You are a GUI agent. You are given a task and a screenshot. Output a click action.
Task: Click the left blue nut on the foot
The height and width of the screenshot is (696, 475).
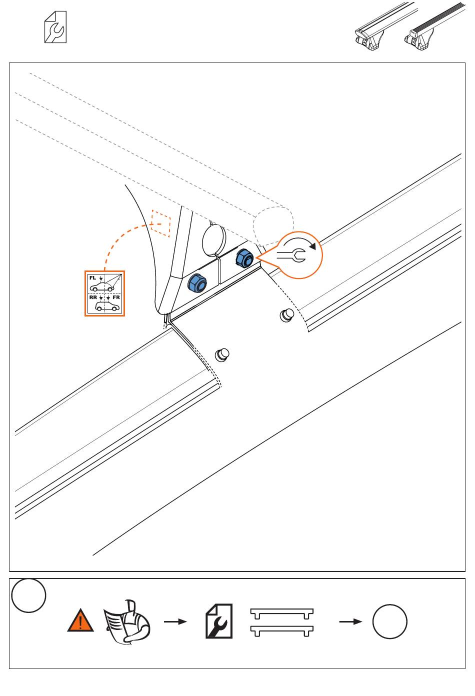pyautogui.click(x=196, y=283)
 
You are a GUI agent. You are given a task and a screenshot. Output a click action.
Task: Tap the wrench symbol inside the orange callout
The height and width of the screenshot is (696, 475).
pyautogui.click(x=290, y=256)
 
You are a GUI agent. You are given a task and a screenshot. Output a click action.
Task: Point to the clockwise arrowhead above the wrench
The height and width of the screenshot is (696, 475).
pyautogui.click(x=312, y=245)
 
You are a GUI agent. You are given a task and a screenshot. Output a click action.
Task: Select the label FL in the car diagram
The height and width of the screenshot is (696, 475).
pyautogui.click(x=92, y=277)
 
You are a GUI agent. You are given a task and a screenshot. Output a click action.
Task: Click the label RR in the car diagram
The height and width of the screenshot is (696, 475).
pyautogui.click(x=93, y=297)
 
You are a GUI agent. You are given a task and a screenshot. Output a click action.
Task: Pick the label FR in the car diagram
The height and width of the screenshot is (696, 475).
pyautogui.click(x=116, y=297)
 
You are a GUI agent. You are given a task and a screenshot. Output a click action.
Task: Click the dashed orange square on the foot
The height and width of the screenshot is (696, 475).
pyautogui.click(x=161, y=223)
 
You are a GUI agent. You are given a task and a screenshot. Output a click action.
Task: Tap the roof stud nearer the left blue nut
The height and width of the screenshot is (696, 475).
pyautogui.click(x=222, y=354)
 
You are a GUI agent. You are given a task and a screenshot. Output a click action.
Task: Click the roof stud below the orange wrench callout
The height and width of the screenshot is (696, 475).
pyautogui.click(x=286, y=314)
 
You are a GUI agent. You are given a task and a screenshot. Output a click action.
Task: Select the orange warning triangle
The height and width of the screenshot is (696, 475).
pyautogui.click(x=80, y=621)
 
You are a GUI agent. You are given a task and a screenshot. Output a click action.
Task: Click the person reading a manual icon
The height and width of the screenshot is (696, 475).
pyautogui.click(x=127, y=621)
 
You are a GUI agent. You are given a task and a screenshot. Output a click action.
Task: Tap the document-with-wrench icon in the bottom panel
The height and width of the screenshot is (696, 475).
pyautogui.click(x=219, y=620)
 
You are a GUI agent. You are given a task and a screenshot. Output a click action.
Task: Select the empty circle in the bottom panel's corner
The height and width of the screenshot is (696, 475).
pyautogui.click(x=29, y=595)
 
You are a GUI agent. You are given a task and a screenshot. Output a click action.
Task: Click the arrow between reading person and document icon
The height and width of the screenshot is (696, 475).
pyautogui.click(x=175, y=621)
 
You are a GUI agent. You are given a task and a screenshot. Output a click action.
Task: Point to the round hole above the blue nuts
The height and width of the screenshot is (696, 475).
pyautogui.click(x=213, y=239)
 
